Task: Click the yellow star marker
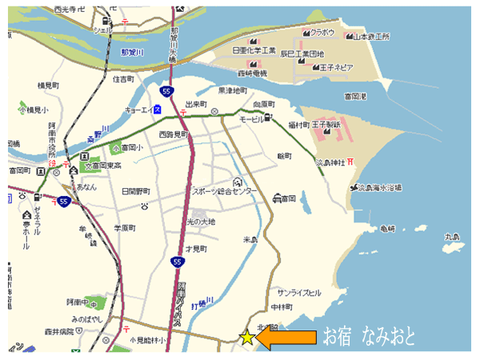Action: coord(247,338)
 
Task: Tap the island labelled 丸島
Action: coord(453,236)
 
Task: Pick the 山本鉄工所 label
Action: coord(371,36)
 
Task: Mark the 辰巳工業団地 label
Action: coord(300,54)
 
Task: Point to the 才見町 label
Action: coord(196,249)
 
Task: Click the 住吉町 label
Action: coord(125,79)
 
